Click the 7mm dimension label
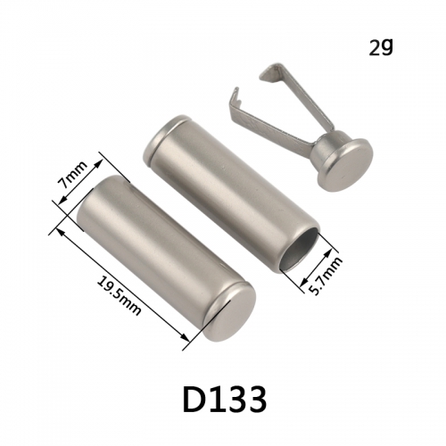click(73, 176)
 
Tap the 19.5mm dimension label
click(119, 295)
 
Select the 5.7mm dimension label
click(326, 275)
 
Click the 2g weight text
click(381, 47)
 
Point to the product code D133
click(225, 399)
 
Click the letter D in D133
click(194, 399)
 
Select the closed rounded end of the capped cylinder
click(230, 313)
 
